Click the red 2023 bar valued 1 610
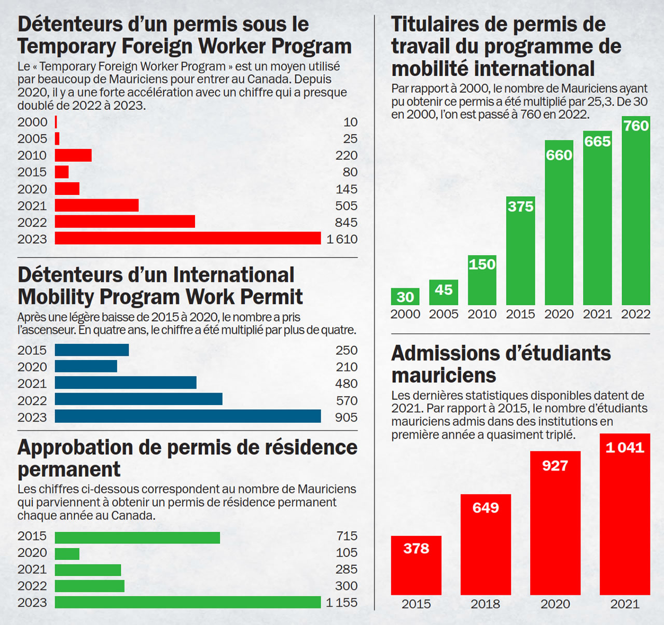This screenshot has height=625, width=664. click(188, 238)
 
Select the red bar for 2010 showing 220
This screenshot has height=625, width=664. click(73, 155)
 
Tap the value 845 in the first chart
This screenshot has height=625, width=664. click(346, 223)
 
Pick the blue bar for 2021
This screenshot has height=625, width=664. click(126, 383)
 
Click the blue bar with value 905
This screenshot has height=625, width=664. click(188, 416)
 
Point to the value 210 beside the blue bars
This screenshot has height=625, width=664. click(347, 367)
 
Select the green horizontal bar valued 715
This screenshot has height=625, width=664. click(137, 537)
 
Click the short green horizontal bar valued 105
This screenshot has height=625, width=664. click(67, 554)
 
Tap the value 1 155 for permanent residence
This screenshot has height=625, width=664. click(342, 603)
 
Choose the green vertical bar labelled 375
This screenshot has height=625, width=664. click(520, 251)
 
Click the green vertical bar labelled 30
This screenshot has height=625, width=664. click(405, 297)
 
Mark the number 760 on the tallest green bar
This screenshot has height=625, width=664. click(636, 126)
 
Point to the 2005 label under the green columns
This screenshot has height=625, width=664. click(444, 314)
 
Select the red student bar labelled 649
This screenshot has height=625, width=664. click(486, 545)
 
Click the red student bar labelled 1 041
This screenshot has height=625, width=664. click(625, 514)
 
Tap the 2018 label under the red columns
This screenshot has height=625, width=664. click(486, 604)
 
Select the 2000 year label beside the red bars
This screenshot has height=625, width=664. click(32, 122)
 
